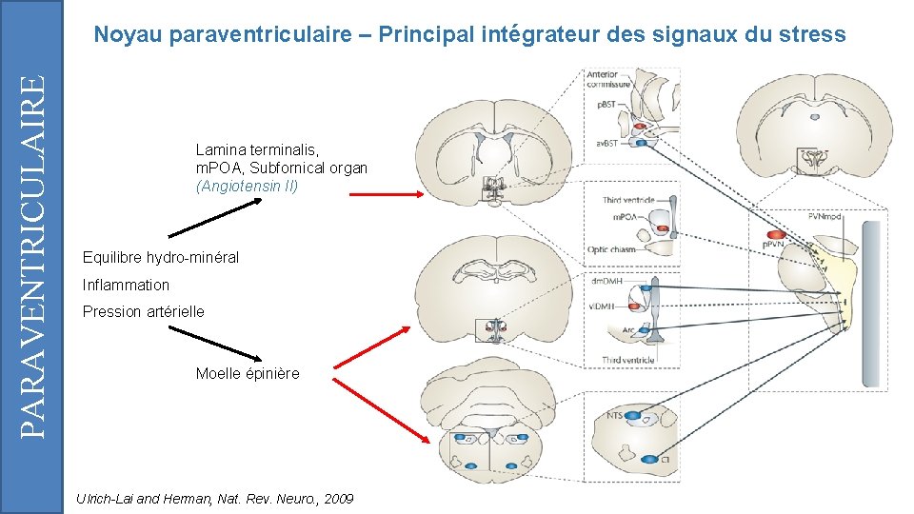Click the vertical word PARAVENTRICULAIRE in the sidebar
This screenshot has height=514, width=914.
[x=32, y=257]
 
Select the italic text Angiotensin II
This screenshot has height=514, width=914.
[x=247, y=187]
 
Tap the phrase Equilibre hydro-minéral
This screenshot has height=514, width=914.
[x=160, y=258]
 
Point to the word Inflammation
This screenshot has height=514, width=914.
[x=126, y=285]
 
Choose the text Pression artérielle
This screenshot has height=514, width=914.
[x=143, y=311]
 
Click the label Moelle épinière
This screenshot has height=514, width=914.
[x=247, y=373]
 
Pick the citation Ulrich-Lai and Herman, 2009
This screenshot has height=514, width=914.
[x=214, y=499]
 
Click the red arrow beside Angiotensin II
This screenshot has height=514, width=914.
[x=386, y=194]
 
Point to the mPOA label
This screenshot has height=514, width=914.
[x=625, y=217]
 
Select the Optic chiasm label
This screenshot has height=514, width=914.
[x=610, y=250]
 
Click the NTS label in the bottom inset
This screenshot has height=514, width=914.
[x=615, y=416]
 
